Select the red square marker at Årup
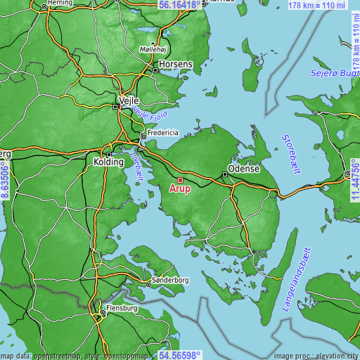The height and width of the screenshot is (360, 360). pyautogui.click(x=180, y=179)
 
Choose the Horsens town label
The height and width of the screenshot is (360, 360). pyautogui.click(x=176, y=63)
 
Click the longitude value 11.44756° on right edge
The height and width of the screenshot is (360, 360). pyautogui.click(x=355, y=180)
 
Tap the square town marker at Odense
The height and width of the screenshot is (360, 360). pyautogui.click(x=225, y=174)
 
